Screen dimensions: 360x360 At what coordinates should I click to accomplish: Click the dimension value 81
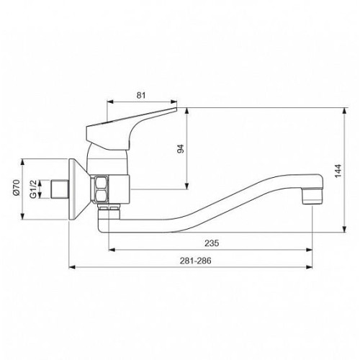pyautogui.click(x=141, y=95)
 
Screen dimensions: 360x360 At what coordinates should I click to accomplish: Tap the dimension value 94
pyautogui.click(x=181, y=149)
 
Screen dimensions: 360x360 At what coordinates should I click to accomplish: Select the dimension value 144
pyautogui.click(x=338, y=171)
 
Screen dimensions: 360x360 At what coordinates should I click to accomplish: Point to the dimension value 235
pyautogui.click(x=212, y=243)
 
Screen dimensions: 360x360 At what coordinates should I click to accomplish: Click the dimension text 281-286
pyautogui.click(x=196, y=261)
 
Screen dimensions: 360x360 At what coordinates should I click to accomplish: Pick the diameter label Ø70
pyautogui.click(x=16, y=187)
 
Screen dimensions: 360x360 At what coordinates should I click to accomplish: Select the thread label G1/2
pyautogui.click(x=33, y=189)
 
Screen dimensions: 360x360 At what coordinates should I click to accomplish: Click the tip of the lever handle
pyautogui.click(x=176, y=109)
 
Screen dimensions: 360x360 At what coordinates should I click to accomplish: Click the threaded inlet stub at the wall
pyautogui.click(x=60, y=189)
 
